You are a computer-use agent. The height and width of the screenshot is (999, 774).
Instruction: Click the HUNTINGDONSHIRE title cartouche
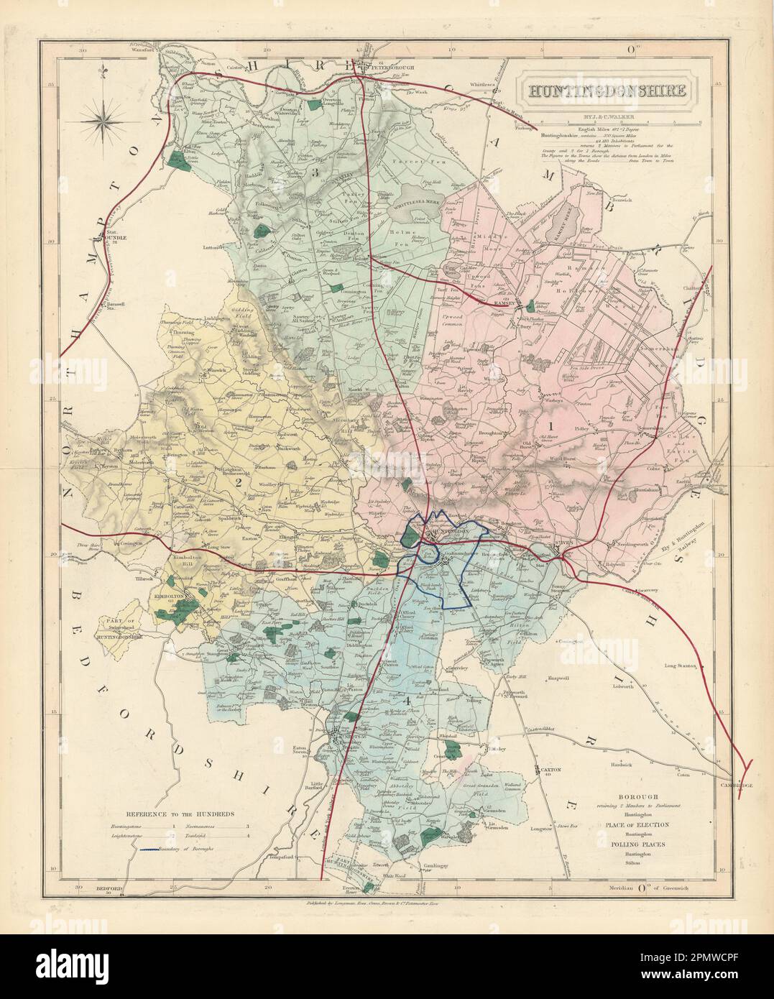(588, 91)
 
